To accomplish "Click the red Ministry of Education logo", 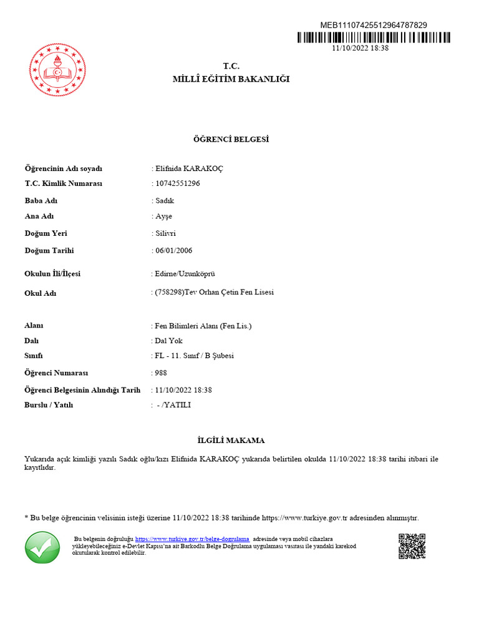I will (x=57, y=70).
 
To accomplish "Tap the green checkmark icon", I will (x=42, y=547).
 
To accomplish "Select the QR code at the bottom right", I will (x=412, y=546).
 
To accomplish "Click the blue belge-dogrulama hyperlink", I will (x=192, y=539).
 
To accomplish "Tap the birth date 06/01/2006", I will (x=173, y=251).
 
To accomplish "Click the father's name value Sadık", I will (x=165, y=201).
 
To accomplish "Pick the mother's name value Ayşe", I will (x=163, y=217).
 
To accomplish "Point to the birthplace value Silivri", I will (x=165, y=233).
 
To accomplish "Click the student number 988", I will (x=161, y=373).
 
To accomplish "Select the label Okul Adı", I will (x=40, y=293).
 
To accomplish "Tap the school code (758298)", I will (x=168, y=292).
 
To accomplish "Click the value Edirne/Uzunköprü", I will (x=185, y=274).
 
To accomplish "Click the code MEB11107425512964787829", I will (x=374, y=25).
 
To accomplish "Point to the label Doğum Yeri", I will (x=46, y=233).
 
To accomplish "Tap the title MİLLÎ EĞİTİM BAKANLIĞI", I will (x=231, y=79).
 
